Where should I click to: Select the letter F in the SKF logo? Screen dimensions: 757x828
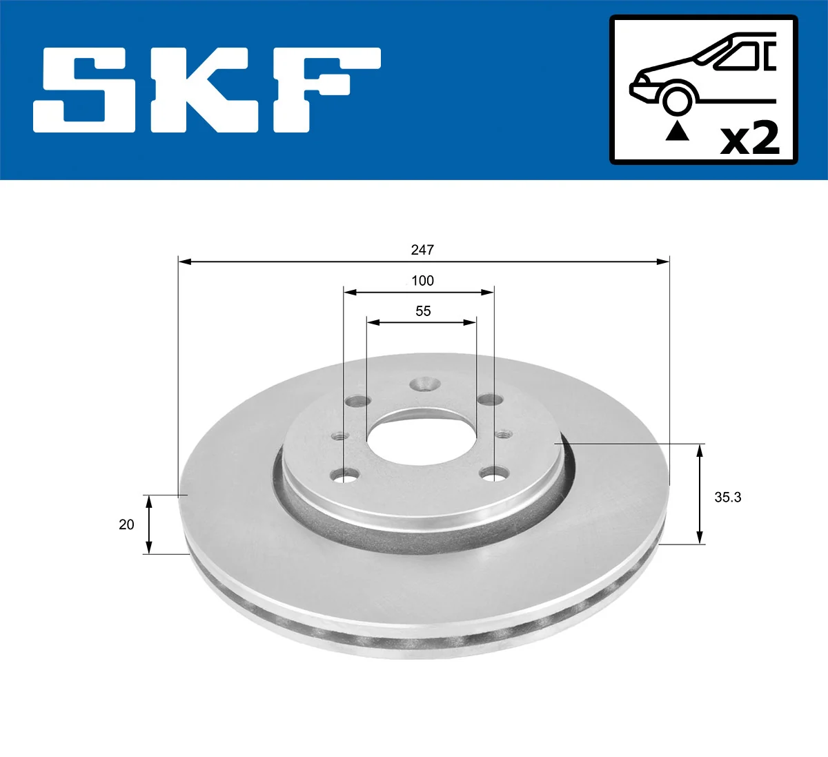pyautogui.click(x=324, y=90)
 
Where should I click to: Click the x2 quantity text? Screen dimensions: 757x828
pyautogui.click(x=749, y=139)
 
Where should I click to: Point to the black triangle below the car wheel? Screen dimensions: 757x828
pyautogui.click(x=677, y=130)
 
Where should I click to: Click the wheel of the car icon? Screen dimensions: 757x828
pyautogui.click(x=677, y=99)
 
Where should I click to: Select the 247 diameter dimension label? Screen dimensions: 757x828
pyautogui.click(x=422, y=250)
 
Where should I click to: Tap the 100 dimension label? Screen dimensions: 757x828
pyautogui.click(x=422, y=281)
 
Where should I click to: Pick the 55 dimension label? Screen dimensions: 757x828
pyautogui.click(x=422, y=311)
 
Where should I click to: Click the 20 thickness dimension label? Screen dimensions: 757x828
pyautogui.click(x=126, y=524)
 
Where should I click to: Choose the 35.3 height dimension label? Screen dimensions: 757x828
pyautogui.click(x=727, y=497)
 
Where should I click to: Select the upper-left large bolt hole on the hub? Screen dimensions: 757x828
pyautogui.click(x=357, y=400)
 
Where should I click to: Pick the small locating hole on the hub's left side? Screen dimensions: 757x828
pyautogui.click(x=338, y=435)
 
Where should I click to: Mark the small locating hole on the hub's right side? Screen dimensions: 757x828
pyautogui.click(x=503, y=434)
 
